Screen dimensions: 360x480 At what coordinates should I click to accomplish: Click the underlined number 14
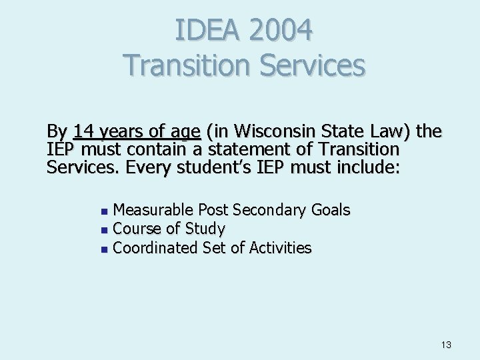coord(85,131)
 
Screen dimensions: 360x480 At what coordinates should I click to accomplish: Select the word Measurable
coord(154,211)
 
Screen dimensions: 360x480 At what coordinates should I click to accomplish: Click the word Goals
coord(330,211)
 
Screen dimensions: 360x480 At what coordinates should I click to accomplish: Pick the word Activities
coord(280,248)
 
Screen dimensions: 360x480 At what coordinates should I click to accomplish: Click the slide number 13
coord(446,345)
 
